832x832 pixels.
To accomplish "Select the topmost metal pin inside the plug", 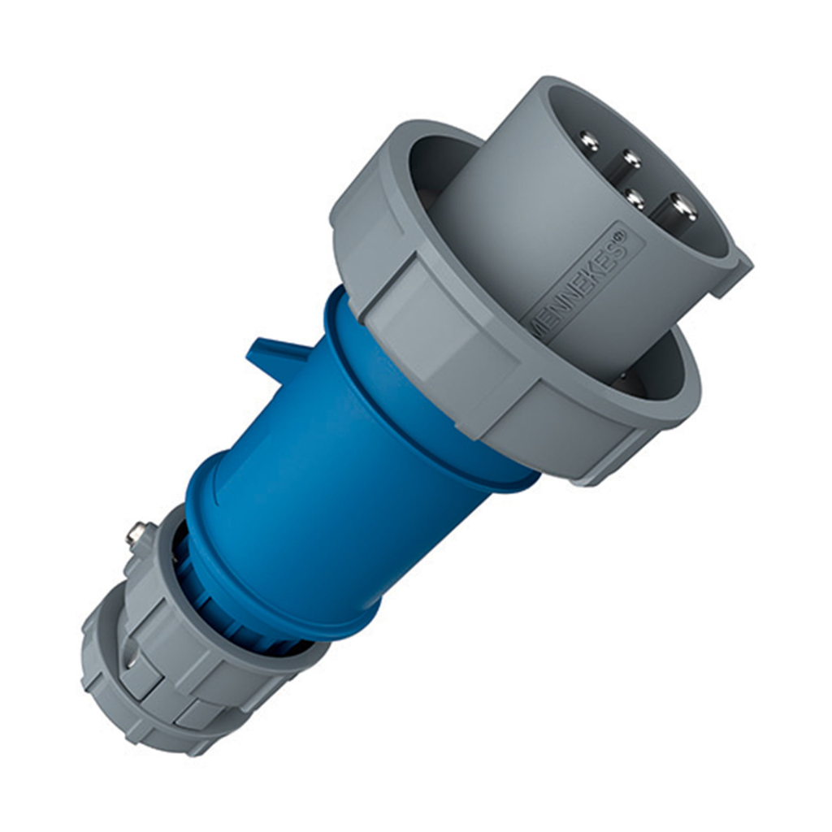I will pyautogui.click(x=588, y=141).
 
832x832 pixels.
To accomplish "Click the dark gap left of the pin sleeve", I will pyautogui.click(x=435, y=171).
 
